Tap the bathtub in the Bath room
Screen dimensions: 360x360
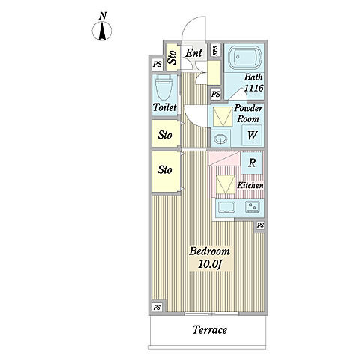pyautogui.click(x=245, y=57)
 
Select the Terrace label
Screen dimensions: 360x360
pyautogui.click(x=210, y=330)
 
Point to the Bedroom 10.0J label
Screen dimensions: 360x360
pyautogui.click(x=210, y=257)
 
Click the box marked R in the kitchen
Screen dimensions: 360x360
pyautogui.click(x=252, y=163)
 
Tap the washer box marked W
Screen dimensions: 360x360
pyautogui.click(x=252, y=135)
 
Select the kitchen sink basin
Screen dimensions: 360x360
pyautogui.click(x=226, y=207)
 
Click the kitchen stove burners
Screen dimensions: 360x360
pyautogui.click(x=253, y=207)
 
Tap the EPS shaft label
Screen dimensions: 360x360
pyautogui.click(x=215, y=51)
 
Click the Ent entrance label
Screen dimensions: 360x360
pyautogui.click(x=194, y=53)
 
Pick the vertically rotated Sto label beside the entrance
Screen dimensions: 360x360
pyautogui.click(x=172, y=57)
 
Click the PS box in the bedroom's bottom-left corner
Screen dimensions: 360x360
pyautogui.click(x=157, y=307)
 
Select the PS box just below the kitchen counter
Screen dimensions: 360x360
pyautogui.click(x=260, y=226)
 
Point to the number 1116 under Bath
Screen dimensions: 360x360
pyautogui.click(x=253, y=88)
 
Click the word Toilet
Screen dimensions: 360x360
pyautogui.click(x=165, y=107)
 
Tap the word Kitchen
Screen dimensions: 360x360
pyautogui.click(x=250, y=185)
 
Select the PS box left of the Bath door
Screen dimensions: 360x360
pyautogui.click(x=216, y=94)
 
